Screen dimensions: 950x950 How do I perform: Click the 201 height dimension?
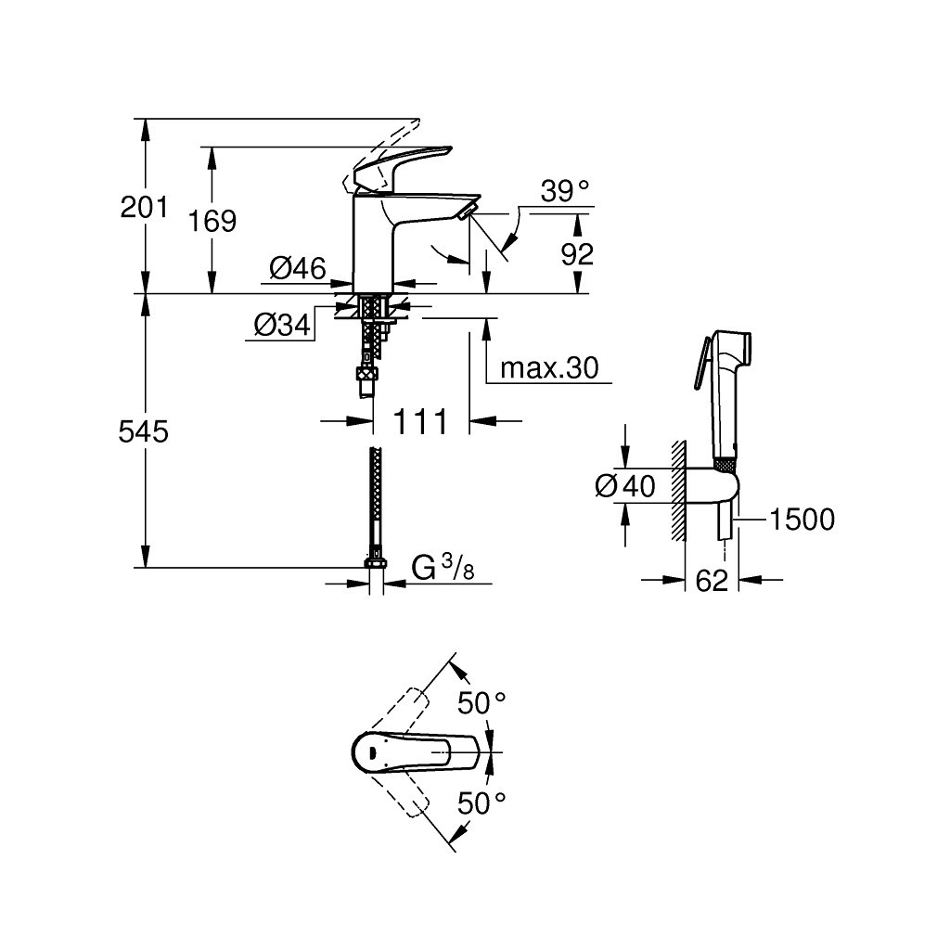coord(145,207)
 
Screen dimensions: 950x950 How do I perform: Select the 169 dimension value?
coord(212,221)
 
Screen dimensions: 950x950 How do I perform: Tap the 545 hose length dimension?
coord(145,431)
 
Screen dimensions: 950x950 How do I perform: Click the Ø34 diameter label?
coord(281,325)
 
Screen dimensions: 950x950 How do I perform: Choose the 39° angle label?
coord(565,192)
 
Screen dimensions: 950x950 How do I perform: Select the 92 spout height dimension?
coord(577,253)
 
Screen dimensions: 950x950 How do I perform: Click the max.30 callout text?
coord(549,369)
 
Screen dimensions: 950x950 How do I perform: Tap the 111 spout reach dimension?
coord(420,422)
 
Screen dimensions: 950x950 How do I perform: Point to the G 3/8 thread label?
coord(443,568)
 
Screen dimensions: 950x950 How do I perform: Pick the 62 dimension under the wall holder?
coord(711,582)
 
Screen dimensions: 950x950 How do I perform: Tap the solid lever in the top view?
coord(417,751)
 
